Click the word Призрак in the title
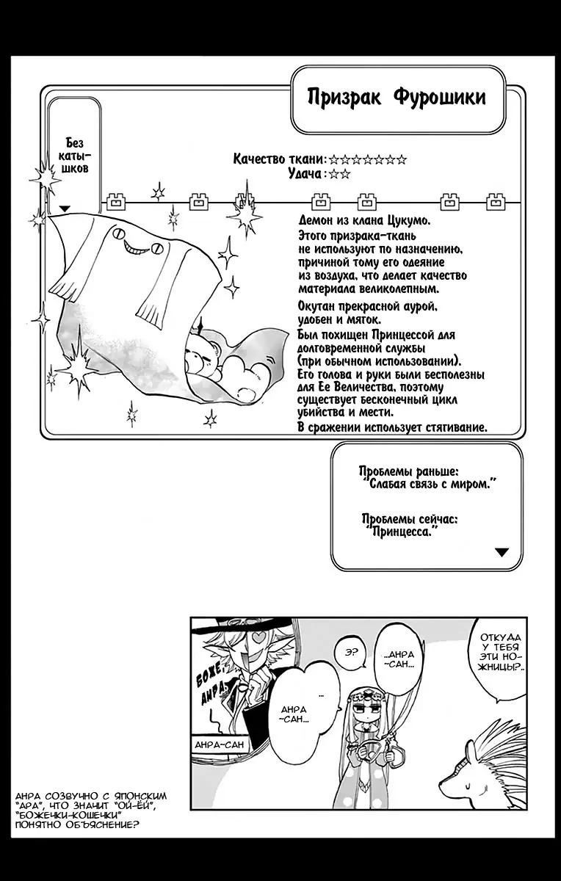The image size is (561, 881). [x=344, y=98]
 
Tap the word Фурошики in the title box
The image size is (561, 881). [x=440, y=97]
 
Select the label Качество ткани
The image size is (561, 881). [x=279, y=159]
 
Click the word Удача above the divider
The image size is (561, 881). [x=305, y=173]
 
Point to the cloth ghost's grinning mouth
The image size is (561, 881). [x=136, y=248]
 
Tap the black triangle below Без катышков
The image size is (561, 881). [x=64, y=209]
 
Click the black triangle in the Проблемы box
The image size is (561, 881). [x=502, y=552]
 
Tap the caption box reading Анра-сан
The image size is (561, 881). [x=219, y=744]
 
